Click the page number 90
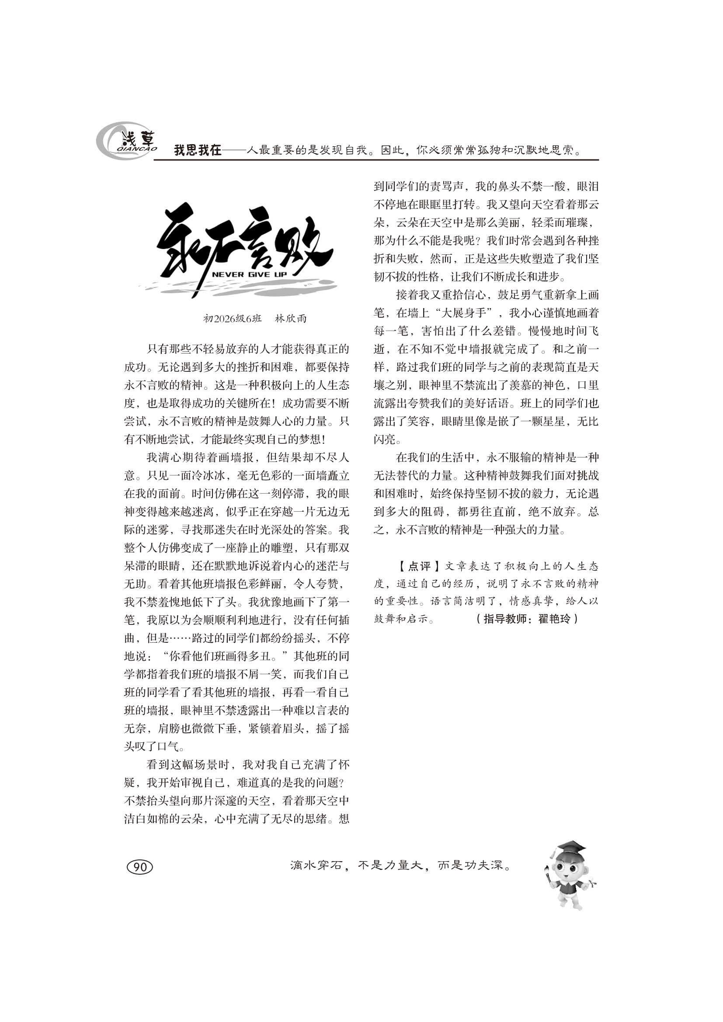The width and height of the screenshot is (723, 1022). click(140, 866)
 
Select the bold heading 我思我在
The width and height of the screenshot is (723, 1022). click(198, 150)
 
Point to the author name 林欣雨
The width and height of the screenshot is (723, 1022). click(291, 319)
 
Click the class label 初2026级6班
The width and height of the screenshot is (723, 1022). click(232, 319)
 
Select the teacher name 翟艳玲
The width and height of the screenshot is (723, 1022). click(554, 619)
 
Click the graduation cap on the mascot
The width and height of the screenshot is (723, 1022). click(569, 847)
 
